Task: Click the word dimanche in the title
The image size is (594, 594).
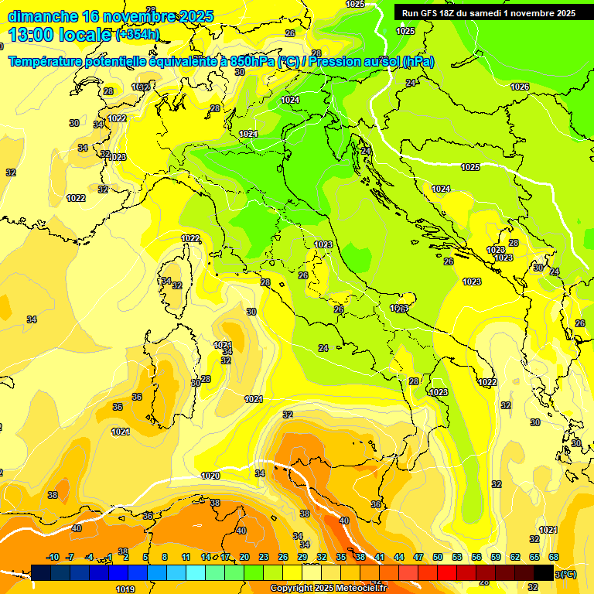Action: coord(43,16)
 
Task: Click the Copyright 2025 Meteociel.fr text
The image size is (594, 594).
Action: coord(328,589)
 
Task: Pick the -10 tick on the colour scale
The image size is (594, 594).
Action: coord(53,557)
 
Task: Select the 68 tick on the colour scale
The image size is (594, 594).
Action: coord(554,557)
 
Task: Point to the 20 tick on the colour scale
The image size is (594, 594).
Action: coord(244,557)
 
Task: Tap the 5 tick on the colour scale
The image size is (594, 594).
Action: coord(145,557)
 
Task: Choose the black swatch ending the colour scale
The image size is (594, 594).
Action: coord(544,572)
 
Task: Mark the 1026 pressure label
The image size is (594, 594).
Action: coord(520,87)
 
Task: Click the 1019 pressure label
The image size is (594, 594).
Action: coord(125,589)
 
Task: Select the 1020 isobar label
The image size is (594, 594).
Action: coord(210,476)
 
